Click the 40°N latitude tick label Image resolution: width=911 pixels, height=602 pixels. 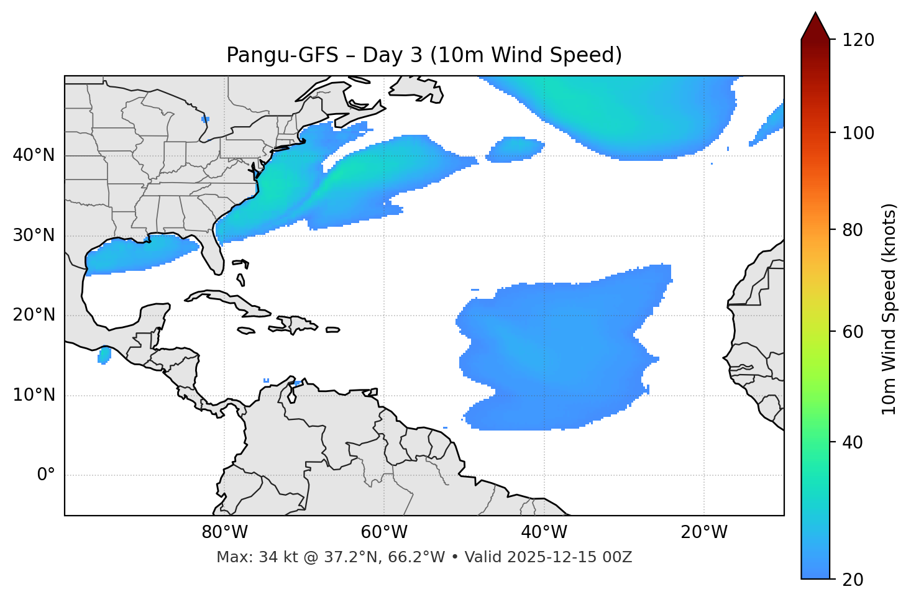coord(34,155)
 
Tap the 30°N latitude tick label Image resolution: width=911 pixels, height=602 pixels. coord(34,235)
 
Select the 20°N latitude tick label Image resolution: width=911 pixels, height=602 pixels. coord(34,315)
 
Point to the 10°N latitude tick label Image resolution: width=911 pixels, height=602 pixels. coord(34,395)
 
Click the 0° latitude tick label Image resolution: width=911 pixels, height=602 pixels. coord(46,475)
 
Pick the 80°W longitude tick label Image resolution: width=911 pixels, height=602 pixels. coord(224,532)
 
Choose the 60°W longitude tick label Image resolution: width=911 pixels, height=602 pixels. coord(384,532)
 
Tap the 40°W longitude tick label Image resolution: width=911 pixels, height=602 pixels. coord(544,532)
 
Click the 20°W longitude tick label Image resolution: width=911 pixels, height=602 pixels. coord(703,532)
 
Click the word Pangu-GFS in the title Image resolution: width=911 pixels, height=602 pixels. coord(282,55)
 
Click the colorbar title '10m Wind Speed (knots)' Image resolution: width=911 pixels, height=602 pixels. coord(889,309)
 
